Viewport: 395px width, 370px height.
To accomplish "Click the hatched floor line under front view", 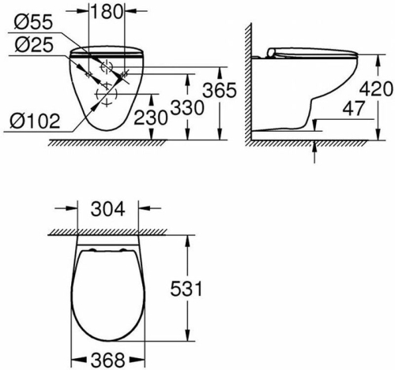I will coord(111,143).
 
